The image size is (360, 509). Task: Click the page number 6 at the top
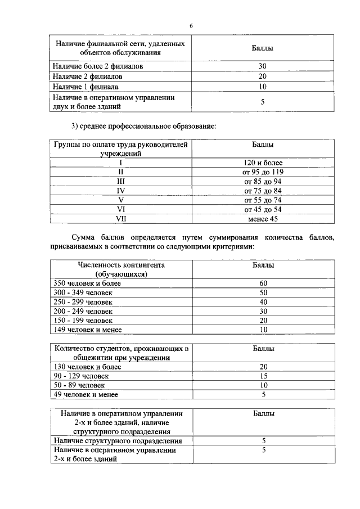click(191, 26)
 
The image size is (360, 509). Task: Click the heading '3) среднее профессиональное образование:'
click(140, 125)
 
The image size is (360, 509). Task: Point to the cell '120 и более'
click(263, 163)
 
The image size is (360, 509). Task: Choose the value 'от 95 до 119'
click(263, 172)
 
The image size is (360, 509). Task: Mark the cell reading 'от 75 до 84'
click(263, 191)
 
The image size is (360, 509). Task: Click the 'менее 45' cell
click(263, 219)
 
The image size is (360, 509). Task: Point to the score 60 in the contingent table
click(263, 283)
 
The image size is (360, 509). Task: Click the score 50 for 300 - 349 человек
click(263, 292)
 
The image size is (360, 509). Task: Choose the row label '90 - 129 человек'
click(81, 376)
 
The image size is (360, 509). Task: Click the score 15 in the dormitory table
click(263, 376)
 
